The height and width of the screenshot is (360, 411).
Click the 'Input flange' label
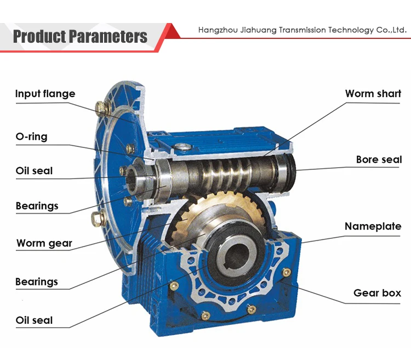click(45, 94)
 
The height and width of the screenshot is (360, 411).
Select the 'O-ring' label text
click(31, 136)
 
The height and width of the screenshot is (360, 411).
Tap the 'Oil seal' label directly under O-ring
click(34, 170)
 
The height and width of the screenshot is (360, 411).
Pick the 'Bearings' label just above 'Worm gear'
click(37, 206)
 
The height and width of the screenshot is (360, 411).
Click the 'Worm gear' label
click(44, 243)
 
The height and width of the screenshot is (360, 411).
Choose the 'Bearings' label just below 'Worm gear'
click(37, 282)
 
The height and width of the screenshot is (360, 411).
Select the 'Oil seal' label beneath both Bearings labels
click(34, 319)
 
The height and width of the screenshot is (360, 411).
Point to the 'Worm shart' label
click(373, 94)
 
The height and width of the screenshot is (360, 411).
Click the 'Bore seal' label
click(379, 160)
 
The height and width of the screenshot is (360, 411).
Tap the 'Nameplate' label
click(373, 226)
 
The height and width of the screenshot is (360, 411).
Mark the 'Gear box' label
click(377, 293)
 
